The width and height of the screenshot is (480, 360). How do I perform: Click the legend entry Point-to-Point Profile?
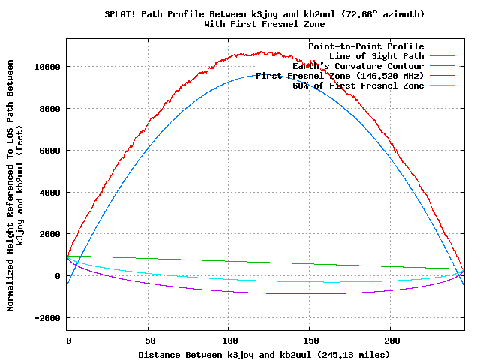pyautogui.click(x=366, y=46)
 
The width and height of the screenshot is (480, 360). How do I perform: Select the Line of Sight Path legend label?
pyautogui.click(x=376, y=56)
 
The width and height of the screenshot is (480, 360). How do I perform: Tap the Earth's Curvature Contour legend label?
pyautogui.click(x=358, y=66)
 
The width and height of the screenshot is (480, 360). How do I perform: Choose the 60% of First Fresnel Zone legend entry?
pyautogui.click(x=358, y=85)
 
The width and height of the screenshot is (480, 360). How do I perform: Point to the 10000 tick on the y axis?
pyautogui.click(x=47, y=67)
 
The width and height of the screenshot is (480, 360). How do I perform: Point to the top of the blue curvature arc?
pyautogui.click(x=265, y=74)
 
